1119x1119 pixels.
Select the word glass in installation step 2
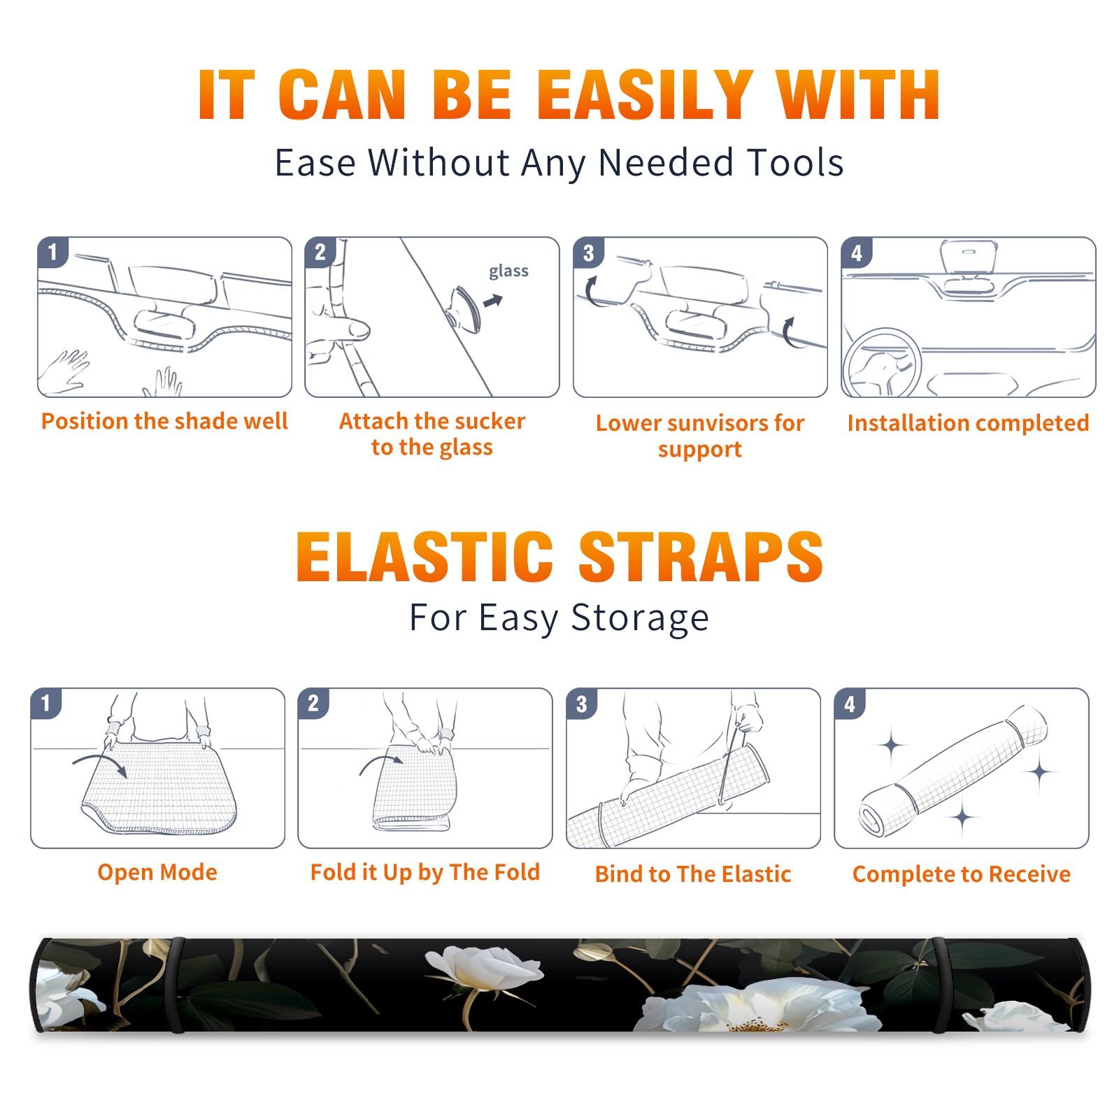508,271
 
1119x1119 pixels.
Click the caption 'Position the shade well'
164,421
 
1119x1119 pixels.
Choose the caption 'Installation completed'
968,423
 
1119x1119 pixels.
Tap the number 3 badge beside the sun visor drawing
588,252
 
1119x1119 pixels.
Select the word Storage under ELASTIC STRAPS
640,618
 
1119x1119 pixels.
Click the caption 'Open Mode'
157,872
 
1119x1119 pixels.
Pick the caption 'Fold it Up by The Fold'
425,873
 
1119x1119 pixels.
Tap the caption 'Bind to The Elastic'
693,874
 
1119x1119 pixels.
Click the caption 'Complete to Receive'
962,874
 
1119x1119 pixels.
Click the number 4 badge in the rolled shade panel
850,704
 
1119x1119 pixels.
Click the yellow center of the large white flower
757,1025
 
